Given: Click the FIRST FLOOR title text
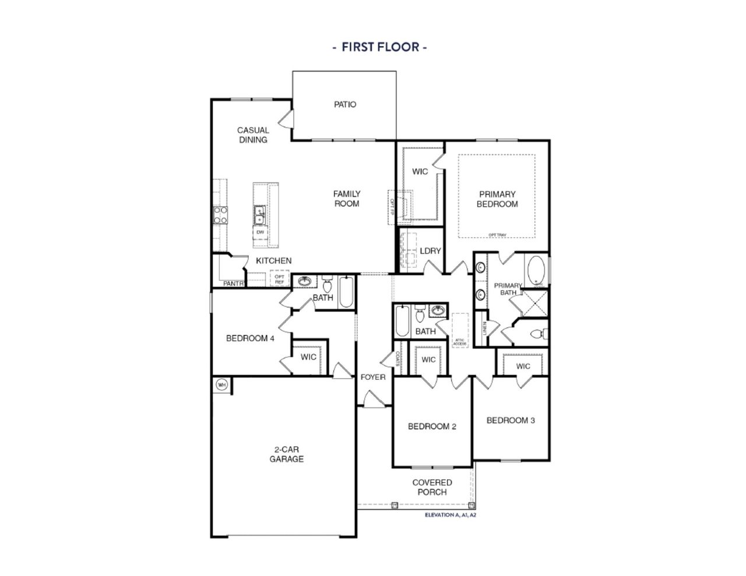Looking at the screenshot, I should pyautogui.click(x=379, y=47).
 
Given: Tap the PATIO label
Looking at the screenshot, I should pyautogui.click(x=345, y=105).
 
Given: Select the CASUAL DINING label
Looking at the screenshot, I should pyautogui.click(x=253, y=135).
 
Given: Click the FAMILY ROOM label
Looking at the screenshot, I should pyautogui.click(x=347, y=199).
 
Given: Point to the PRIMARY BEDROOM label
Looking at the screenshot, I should pyautogui.click(x=497, y=199).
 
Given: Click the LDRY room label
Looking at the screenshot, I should pyautogui.click(x=430, y=251).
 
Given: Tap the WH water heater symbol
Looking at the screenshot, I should pyautogui.click(x=221, y=384).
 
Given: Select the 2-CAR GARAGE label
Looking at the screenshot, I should pyautogui.click(x=286, y=454).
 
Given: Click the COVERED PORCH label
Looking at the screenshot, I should pyautogui.click(x=432, y=487).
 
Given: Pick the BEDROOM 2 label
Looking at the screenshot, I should pyautogui.click(x=432, y=426).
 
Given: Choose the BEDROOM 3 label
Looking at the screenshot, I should pyautogui.click(x=511, y=420).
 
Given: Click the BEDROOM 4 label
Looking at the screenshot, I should pyautogui.click(x=250, y=338).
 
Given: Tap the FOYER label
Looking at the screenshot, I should pyautogui.click(x=373, y=377).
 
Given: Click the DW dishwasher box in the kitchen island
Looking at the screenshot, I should pyautogui.click(x=260, y=232).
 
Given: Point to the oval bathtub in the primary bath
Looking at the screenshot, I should pyautogui.click(x=536, y=271).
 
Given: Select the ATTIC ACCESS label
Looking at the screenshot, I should pyautogui.click(x=460, y=344).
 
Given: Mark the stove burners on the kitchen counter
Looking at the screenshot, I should pyautogui.click(x=221, y=215).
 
